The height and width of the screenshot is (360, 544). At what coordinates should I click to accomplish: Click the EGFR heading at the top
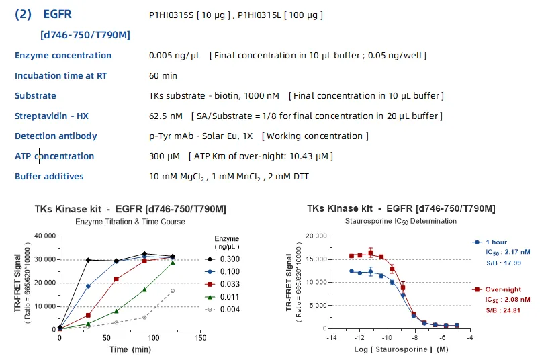click(57, 14)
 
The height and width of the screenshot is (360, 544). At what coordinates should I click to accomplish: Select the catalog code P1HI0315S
click(171, 15)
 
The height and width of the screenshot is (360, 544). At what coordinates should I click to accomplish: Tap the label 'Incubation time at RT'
click(60, 76)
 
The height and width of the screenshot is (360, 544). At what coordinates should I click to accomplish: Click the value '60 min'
click(163, 76)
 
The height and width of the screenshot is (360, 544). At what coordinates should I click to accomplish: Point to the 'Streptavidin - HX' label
click(51, 116)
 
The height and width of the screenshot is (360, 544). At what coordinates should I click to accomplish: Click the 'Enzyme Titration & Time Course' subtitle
click(130, 222)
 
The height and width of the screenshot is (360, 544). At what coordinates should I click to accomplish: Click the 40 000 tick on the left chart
click(45, 236)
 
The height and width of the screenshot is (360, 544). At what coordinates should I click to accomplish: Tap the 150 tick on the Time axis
click(201, 338)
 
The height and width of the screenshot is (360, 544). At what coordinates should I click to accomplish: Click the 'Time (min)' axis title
click(130, 349)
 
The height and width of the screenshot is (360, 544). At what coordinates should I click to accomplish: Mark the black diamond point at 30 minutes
click(88, 260)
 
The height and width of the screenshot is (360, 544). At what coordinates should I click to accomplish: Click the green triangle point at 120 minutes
click(173, 263)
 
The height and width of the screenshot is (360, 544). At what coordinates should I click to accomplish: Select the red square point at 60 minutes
click(117, 279)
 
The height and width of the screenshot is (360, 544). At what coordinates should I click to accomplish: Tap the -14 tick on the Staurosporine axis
click(332, 337)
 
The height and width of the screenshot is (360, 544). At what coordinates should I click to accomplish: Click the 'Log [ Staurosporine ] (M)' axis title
click(401, 349)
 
